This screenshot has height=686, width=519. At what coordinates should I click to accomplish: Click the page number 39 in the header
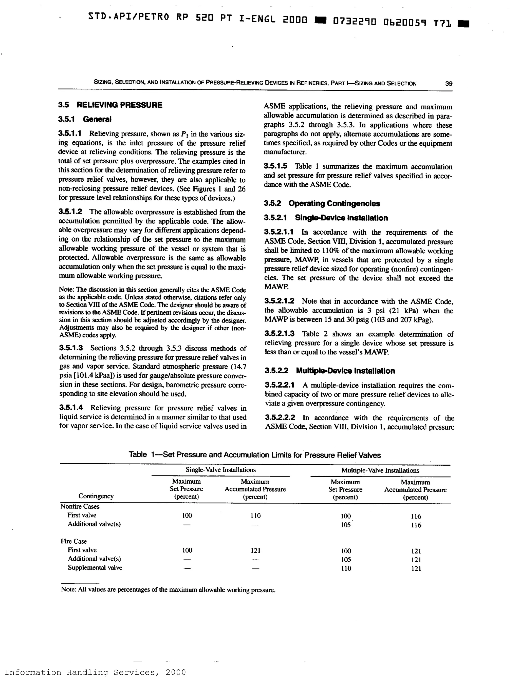tap(449, 83)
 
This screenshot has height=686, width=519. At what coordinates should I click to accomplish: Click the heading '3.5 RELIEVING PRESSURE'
tap(110, 105)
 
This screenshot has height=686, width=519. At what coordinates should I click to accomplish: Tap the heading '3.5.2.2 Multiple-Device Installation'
tap(330, 371)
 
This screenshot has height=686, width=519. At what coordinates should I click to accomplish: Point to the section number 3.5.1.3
tap(71, 348)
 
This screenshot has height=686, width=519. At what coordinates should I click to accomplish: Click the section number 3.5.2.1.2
tap(279, 301)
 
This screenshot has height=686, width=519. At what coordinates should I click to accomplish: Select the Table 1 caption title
tap(255, 455)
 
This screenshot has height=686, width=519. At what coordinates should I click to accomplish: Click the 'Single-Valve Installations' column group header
tap(220, 470)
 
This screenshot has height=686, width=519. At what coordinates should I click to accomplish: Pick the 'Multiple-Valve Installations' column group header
tap(380, 470)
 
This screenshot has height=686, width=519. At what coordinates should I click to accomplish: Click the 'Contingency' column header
tap(96, 496)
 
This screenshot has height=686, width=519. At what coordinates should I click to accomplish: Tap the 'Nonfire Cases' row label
tap(80, 506)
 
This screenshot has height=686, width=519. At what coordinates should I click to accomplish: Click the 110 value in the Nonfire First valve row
tap(255, 516)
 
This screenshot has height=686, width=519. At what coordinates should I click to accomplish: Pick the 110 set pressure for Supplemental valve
tap(346, 568)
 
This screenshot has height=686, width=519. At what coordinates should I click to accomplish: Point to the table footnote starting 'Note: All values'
tap(168, 590)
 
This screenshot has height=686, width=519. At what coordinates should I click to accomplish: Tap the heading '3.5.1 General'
tap(85, 119)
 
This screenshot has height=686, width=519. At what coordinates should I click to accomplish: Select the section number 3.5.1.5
tap(275, 166)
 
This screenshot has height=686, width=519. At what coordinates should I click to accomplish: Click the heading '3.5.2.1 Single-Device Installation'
tap(326, 218)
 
